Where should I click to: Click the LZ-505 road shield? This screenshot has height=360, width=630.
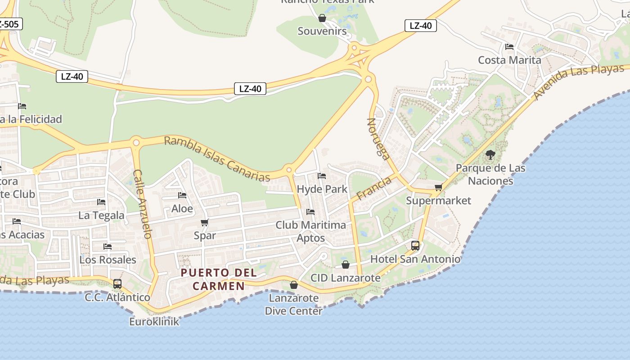(9, 24)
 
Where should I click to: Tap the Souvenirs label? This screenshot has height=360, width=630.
(322, 31)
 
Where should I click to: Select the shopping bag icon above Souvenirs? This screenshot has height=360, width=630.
(322, 18)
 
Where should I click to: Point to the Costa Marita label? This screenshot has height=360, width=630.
(509, 60)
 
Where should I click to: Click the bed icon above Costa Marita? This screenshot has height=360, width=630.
(509, 46)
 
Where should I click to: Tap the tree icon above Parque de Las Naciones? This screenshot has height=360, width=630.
(490, 155)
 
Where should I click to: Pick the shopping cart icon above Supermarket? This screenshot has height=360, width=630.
(438, 187)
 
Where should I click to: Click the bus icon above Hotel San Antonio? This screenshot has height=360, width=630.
(415, 246)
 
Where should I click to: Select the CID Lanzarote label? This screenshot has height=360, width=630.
(346, 278)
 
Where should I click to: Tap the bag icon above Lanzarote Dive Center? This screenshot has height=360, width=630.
(294, 285)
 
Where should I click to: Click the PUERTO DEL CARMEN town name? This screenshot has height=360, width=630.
(219, 279)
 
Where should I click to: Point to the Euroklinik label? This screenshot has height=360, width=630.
(154, 322)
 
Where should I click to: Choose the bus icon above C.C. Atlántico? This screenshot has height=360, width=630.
(117, 284)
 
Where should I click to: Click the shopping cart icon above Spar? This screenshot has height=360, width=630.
(205, 222)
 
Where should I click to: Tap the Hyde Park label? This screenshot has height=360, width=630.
(322, 189)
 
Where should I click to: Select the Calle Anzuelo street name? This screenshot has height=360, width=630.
(143, 204)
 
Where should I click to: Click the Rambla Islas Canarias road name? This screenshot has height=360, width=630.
(217, 158)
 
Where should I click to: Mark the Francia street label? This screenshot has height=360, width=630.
(374, 189)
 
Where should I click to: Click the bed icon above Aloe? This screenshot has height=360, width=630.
(182, 195)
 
